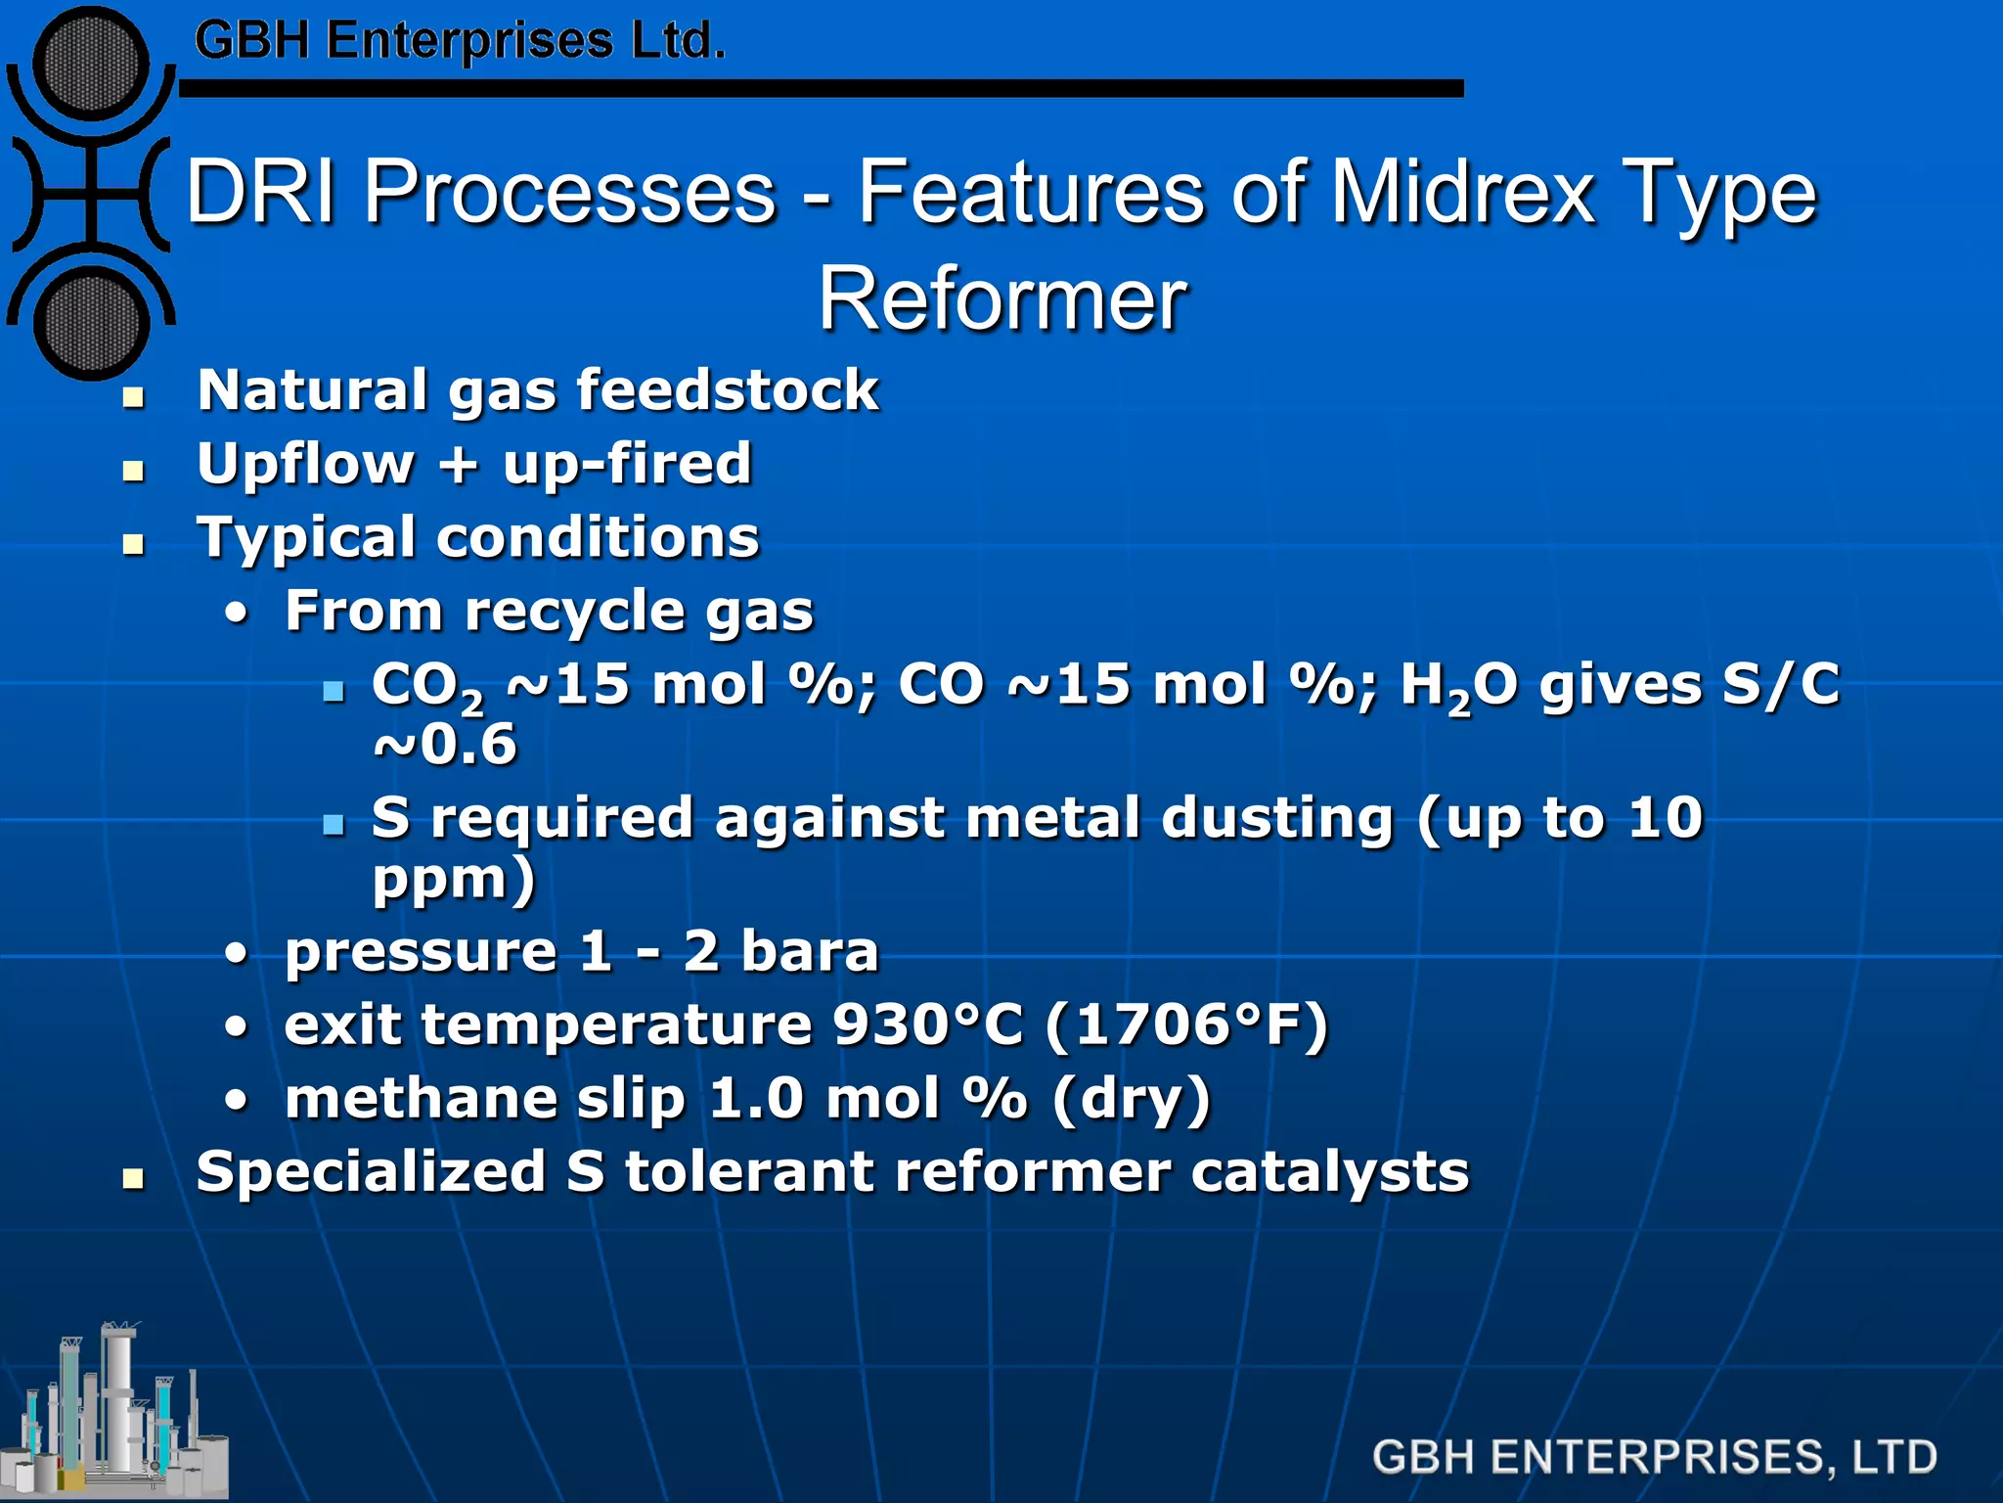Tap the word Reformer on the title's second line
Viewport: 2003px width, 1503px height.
(x=1002, y=299)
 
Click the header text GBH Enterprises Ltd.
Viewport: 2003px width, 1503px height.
(x=460, y=41)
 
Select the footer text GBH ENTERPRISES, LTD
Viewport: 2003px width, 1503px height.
(x=1654, y=1457)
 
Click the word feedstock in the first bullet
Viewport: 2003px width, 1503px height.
(x=728, y=390)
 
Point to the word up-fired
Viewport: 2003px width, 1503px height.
(x=627, y=464)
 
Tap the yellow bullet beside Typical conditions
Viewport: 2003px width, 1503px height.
(x=133, y=544)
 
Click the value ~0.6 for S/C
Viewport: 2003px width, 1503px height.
(x=445, y=745)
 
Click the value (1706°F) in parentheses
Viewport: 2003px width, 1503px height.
(x=1186, y=1025)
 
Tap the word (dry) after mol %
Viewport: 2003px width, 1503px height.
(x=1132, y=1099)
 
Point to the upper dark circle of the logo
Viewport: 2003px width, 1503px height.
(x=91, y=63)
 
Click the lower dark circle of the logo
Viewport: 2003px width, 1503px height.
(x=91, y=323)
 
